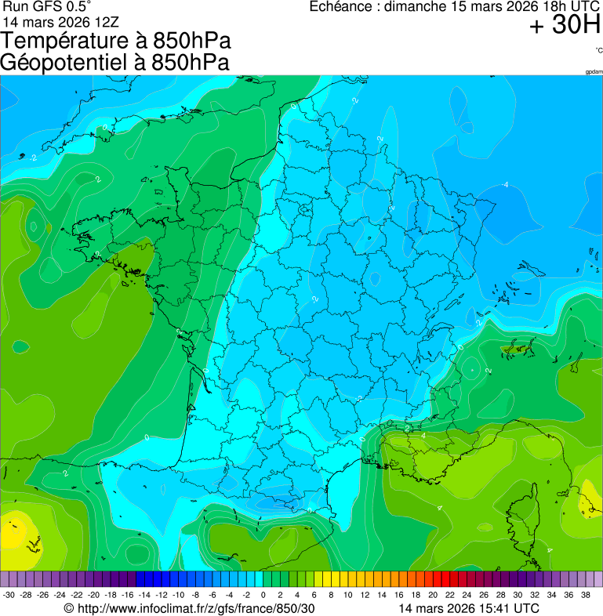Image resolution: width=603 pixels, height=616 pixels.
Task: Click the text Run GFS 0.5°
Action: (47, 6)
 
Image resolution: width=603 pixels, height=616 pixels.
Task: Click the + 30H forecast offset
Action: (565, 26)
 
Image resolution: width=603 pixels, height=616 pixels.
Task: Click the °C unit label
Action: (598, 50)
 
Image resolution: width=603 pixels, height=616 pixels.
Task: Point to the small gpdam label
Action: (594, 72)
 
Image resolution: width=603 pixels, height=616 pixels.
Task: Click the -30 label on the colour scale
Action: (9, 595)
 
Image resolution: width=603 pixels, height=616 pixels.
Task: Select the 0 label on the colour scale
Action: (263, 595)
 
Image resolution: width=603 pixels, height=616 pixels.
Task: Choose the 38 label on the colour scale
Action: (585, 595)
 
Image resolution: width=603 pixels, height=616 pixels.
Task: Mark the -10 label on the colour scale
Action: (178, 595)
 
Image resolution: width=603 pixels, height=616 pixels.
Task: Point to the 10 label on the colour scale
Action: (347, 595)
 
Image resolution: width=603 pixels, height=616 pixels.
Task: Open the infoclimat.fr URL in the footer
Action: (195, 608)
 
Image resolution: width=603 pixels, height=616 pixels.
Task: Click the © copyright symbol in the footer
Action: (69, 608)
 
